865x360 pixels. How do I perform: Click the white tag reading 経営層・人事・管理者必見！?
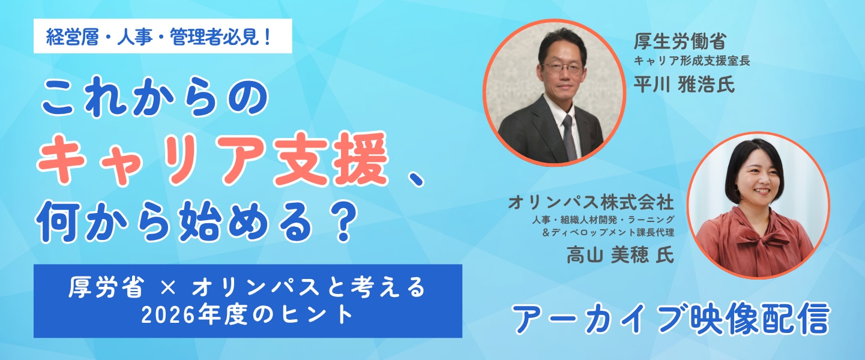(x=163, y=36)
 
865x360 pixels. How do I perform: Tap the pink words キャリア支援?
(x=212, y=158)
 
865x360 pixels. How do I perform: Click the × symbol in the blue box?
(x=167, y=287)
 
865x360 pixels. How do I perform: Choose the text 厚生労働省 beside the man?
(x=680, y=41)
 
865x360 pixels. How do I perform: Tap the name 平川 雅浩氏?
(x=684, y=84)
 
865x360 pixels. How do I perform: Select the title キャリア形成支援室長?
(x=692, y=61)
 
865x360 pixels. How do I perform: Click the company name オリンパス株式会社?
(x=591, y=202)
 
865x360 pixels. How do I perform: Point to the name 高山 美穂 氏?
(x=621, y=254)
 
